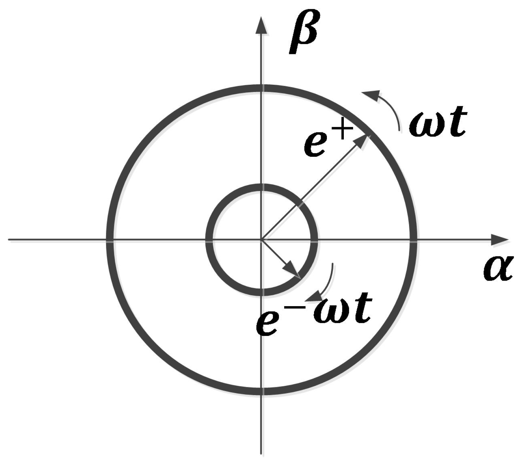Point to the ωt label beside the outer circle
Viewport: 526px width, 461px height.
(x=438, y=123)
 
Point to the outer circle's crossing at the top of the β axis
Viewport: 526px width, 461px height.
(x=262, y=88)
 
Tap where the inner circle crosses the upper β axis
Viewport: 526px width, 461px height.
(x=262, y=187)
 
